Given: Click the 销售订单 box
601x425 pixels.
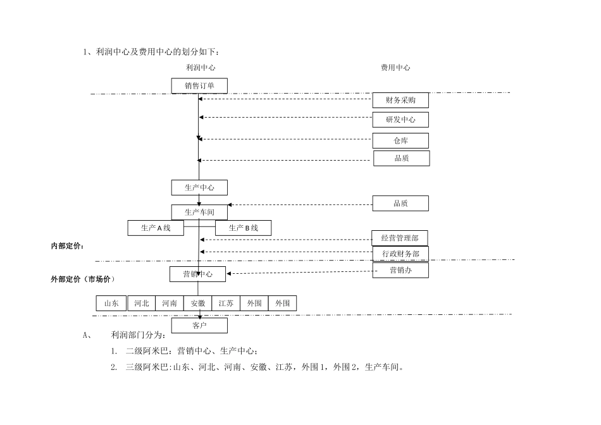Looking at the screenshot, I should tap(199, 85).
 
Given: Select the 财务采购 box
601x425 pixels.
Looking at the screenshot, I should tap(400, 101).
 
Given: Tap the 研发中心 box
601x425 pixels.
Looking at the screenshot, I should tap(400, 120).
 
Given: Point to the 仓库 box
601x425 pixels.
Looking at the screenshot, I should tap(400, 140).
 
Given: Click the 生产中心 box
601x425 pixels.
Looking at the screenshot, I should tap(199, 188).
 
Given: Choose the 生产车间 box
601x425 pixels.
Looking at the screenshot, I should tap(199, 212).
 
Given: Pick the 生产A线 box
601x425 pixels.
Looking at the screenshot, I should tap(156, 228).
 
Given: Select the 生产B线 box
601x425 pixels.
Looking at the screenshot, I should tap(244, 228).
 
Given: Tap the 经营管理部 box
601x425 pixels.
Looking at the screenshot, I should tap(400, 238).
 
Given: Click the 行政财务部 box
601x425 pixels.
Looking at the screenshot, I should tap(400, 254).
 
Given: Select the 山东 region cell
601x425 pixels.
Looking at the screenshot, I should tap(111, 304).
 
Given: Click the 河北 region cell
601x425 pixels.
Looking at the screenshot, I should tap(142, 304).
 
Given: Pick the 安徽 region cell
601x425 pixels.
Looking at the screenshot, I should tap(197, 304).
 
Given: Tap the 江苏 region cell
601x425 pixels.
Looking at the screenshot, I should tap(226, 304).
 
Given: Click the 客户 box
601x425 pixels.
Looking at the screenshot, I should tap(199, 326).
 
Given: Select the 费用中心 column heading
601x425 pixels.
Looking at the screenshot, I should tap(395, 68).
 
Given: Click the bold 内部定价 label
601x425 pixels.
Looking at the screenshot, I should tap(68, 245).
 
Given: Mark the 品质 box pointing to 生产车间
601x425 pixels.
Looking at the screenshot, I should tap(401, 203).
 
